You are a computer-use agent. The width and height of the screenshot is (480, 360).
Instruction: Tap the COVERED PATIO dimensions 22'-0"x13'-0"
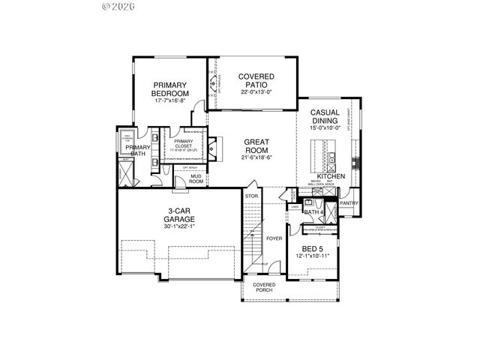pos(256,92)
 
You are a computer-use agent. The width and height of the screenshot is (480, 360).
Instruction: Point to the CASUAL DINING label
pos(325,116)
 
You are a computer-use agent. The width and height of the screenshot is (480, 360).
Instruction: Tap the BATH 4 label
pos(313,212)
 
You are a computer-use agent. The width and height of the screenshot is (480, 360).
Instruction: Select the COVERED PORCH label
pos(264,289)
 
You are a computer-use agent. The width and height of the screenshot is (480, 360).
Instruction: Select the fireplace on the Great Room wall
pos(213,148)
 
